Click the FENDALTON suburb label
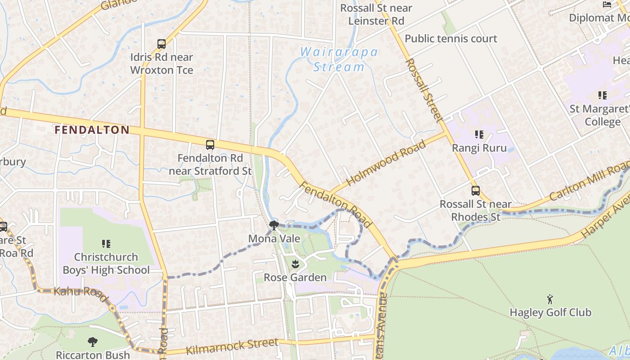92,130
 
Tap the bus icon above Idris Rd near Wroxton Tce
162,44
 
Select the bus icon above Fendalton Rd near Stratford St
210,145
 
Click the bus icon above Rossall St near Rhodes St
476,191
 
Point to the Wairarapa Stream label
339,59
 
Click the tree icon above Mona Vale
274,225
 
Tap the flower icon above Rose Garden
295,264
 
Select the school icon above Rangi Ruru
479,135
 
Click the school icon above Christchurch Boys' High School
106,244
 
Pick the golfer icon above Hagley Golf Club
550,299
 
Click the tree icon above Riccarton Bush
93,342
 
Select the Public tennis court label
451,39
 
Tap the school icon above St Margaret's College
602,95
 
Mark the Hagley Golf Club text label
550,312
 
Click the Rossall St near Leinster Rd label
376,14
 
